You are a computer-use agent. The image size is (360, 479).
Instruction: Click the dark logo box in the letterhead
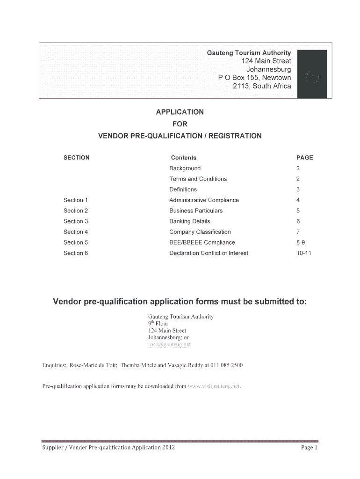(312, 74)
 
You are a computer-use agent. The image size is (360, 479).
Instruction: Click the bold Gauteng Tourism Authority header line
(249, 53)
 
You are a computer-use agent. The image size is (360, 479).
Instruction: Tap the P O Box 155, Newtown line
(254, 78)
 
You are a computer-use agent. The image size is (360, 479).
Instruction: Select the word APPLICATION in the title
(180, 112)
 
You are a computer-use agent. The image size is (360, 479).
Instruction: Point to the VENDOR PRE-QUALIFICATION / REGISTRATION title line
(180, 136)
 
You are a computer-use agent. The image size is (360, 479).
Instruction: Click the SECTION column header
(76, 158)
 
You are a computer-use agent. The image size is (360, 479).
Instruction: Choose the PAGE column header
(305, 158)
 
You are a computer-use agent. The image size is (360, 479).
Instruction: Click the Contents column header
(184, 158)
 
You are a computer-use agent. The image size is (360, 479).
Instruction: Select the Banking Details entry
(190, 221)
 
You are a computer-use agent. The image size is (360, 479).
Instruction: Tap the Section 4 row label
(76, 232)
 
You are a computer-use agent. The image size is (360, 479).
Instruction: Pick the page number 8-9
(302, 242)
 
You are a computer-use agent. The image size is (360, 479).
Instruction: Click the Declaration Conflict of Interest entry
(209, 253)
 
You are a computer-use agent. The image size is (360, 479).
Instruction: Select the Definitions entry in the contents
(183, 189)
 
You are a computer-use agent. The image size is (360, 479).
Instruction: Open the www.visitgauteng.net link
(214, 386)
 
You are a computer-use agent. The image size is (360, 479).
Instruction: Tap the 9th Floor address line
(158, 323)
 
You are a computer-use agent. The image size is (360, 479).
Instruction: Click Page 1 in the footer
(309, 448)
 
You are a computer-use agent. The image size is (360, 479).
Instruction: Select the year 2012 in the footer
(168, 448)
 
